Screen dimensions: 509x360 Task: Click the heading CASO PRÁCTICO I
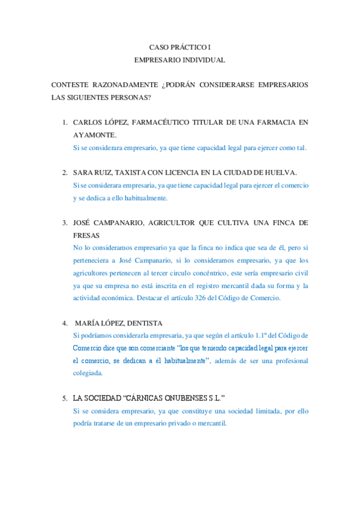pyautogui.click(x=180, y=47)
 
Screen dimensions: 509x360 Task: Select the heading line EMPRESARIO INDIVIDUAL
pyautogui.click(x=180, y=60)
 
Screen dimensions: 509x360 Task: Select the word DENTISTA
pyautogui.click(x=145, y=323)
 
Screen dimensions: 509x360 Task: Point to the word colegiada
pyautogui.click(x=88, y=373)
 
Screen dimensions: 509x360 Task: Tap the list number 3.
pyautogui.click(x=64, y=223)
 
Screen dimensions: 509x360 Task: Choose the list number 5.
pyautogui.click(x=64, y=399)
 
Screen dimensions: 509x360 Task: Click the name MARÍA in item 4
pyautogui.click(x=87, y=323)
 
